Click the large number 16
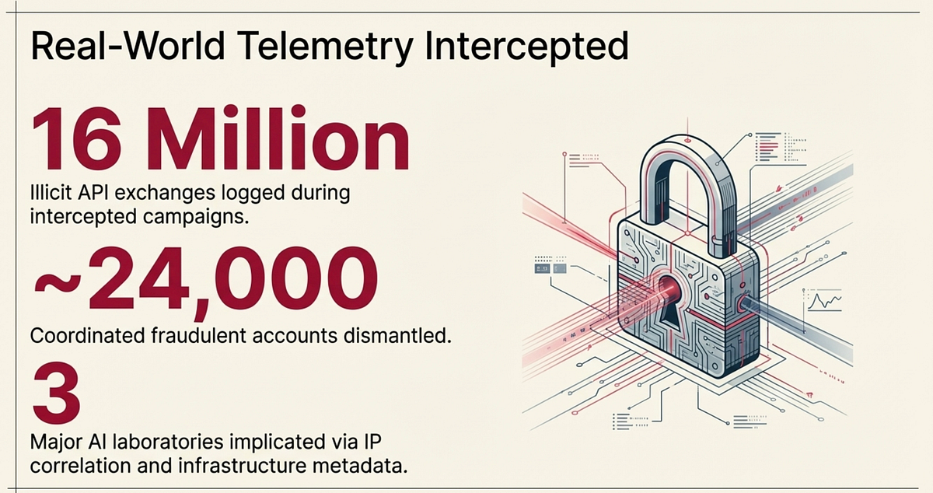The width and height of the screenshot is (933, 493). click(x=78, y=138)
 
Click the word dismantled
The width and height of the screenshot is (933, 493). click(x=398, y=336)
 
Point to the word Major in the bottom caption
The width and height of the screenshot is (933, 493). click(x=56, y=442)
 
